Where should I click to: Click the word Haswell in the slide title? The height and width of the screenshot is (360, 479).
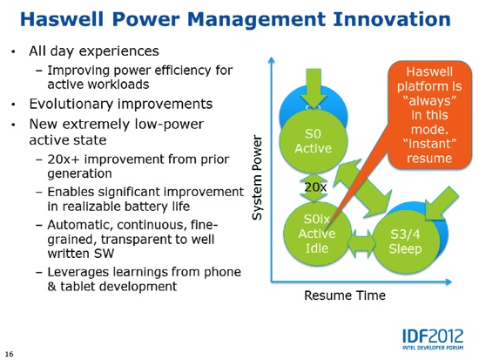[x=62, y=19]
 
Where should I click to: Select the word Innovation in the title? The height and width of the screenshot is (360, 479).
[x=392, y=19]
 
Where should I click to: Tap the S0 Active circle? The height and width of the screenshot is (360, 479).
[x=314, y=141]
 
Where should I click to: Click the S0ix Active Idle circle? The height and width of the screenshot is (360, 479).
[x=317, y=233]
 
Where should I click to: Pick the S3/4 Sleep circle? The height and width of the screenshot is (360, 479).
[x=406, y=241]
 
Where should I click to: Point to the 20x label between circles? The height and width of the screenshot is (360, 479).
[x=315, y=187]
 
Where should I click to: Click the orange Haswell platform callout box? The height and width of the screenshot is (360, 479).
[x=430, y=115]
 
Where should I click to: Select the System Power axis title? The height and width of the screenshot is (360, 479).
[x=257, y=178]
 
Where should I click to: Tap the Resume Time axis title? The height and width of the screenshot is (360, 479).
[x=345, y=295]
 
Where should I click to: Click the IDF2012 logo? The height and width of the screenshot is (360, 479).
[x=433, y=339]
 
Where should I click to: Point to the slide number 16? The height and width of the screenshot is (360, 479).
[x=10, y=354]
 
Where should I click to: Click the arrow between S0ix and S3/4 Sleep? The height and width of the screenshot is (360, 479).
[x=361, y=243]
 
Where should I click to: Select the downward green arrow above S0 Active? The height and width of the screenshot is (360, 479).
[x=314, y=88]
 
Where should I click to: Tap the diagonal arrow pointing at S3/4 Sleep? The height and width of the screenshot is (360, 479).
[x=442, y=203]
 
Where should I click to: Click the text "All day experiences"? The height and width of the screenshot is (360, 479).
[x=94, y=51]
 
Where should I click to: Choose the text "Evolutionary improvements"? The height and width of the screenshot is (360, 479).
[x=121, y=104]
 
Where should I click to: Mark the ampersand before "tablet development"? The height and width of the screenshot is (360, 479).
[x=51, y=287]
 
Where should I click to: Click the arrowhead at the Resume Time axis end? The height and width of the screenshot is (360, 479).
[x=449, y=282]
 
